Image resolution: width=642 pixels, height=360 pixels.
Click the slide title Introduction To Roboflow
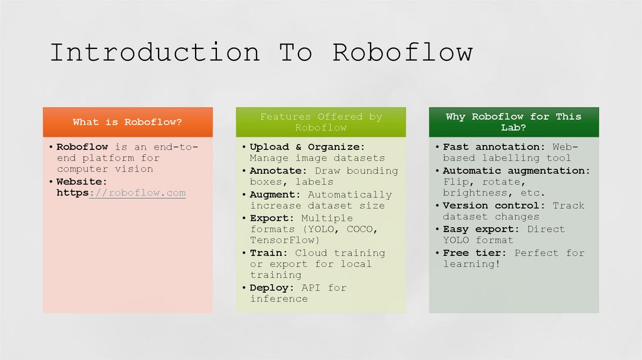point(261,53)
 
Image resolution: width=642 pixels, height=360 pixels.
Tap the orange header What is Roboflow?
point(127,122)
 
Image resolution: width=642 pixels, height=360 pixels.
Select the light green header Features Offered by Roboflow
point(321,122)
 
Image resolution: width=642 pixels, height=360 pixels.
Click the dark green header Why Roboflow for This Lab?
point(513,122)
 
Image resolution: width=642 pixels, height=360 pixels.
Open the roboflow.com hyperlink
point(138,193)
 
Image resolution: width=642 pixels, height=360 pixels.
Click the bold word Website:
point(82,182)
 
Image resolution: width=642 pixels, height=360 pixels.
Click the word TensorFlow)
point(285,240)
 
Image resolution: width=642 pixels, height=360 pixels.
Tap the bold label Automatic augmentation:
point(516,171)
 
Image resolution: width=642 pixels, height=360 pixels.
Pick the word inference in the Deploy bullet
point(279,299)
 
